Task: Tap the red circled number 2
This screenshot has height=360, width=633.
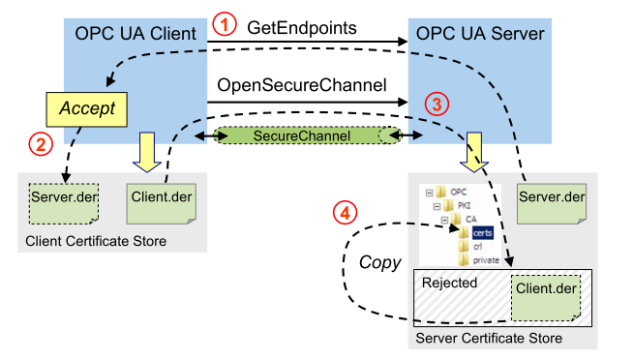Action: tap(40, 146)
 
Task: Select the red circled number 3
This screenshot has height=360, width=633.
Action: tap(437, 103)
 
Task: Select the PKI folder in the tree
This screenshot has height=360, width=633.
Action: tap(458, 206)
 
